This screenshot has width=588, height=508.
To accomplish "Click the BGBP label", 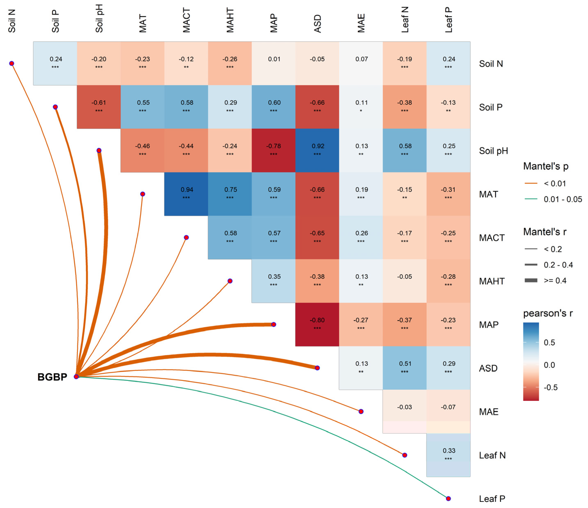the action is (x=52, y=377).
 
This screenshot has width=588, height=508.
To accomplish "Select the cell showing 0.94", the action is (x=186, y=194).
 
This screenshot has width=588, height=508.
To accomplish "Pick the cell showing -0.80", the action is (x=317, y=325).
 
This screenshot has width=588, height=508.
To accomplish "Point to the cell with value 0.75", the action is (x=230, y=194).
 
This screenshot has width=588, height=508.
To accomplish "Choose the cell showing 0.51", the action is (x=405, y=368).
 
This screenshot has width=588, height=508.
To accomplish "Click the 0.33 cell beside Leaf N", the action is (x=448, y=455).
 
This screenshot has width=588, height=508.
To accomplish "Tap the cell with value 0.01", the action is (x=274, y=63).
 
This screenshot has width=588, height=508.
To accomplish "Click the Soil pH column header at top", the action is (x=99, y=18).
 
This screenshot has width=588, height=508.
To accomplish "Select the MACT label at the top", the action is (x=186, y=20).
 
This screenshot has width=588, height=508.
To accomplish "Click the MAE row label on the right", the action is (x=489, y=412).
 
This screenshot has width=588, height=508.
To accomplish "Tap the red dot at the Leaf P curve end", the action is (x=448, y=499).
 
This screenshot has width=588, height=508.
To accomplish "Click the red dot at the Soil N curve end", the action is (x=12, y=63).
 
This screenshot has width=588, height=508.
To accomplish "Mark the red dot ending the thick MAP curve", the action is (x=274, y=325).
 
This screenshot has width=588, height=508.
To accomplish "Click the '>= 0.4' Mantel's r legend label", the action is (x=555, y=281).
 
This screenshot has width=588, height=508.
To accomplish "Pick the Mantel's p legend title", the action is (x=546, y=166).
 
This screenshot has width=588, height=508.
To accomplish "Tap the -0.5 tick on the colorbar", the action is (x=551, y=387).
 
